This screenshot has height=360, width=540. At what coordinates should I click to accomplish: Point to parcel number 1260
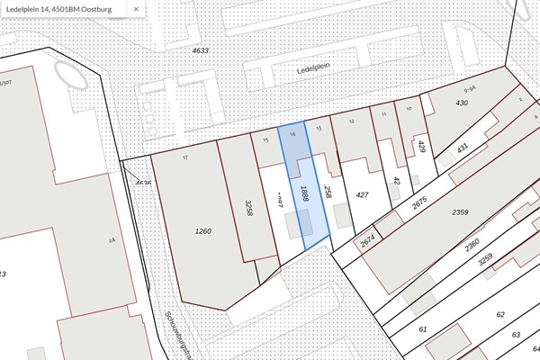point(202,231)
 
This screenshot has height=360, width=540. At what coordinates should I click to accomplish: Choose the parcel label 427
point(363,193)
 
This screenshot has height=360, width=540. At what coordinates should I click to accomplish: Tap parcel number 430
point(463,103)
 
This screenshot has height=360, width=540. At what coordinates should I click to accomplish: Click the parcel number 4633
point(200,50)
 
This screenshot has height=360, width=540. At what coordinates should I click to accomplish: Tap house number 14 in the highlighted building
point(294,134)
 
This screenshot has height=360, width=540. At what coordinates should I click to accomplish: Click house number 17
point(184,158)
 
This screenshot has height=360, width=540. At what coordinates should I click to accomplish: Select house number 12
point(352,121)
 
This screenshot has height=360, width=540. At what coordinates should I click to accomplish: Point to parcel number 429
point(421,147)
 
